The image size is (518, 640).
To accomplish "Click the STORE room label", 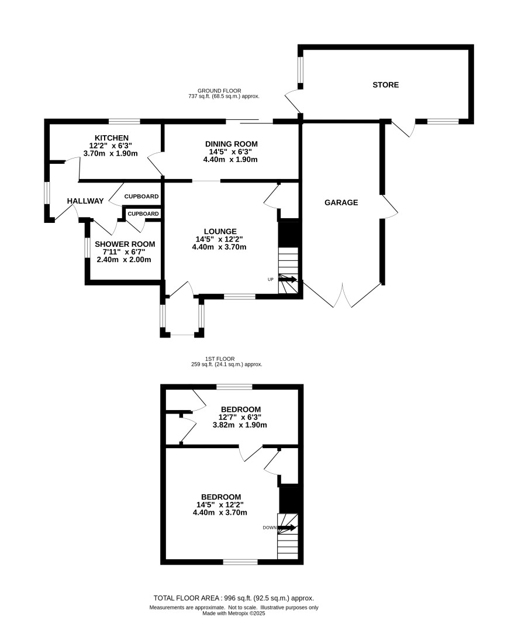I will [x=386, y=85].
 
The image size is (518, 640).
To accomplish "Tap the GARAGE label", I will [x=341, y=202].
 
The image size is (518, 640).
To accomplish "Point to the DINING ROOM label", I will [x=231, y=144].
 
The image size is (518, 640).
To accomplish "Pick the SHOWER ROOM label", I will [x=125, y=244].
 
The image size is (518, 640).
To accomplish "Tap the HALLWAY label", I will [x=85, y=201].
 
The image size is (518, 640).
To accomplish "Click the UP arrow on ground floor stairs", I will [x=288, y=280].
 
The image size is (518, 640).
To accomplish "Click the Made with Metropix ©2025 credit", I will [x=234, y=614].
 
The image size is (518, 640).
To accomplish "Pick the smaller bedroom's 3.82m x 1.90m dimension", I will [x=240, y=425].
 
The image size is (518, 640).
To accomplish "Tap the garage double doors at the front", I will [x=344, y=295].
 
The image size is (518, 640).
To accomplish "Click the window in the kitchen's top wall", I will [x=124, y=121].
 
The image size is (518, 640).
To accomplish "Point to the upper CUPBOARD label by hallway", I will [x=141, y=196].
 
